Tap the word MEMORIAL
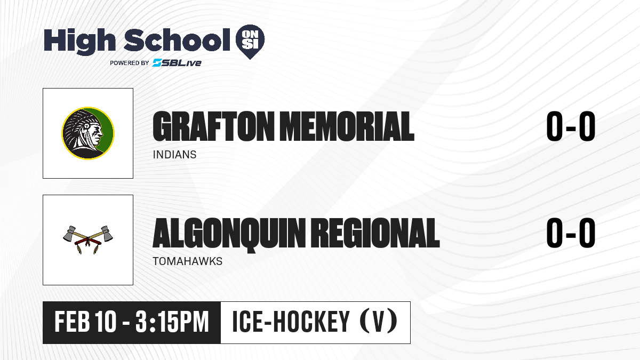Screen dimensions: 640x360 coord(347,126)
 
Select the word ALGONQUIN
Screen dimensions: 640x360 coord(229,234)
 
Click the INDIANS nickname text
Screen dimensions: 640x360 coord(174,155)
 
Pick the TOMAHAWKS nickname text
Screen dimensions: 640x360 coord(187,261)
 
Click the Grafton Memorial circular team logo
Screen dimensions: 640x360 coord(88,133)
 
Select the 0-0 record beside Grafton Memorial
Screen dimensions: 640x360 coord(571,126)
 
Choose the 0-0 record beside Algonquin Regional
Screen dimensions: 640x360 coord(571,233)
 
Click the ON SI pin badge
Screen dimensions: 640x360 coord(250,42)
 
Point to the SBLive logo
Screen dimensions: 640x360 coord(177,62)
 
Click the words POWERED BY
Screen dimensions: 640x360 coord(130,63)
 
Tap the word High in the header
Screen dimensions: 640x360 coord(79,41)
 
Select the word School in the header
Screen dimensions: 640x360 coord(177,39)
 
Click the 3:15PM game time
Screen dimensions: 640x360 coord(172,322)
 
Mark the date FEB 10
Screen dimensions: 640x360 coord(85,322)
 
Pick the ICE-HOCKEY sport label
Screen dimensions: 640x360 coord(291,322)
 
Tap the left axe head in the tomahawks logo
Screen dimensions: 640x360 coord(70,233)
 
